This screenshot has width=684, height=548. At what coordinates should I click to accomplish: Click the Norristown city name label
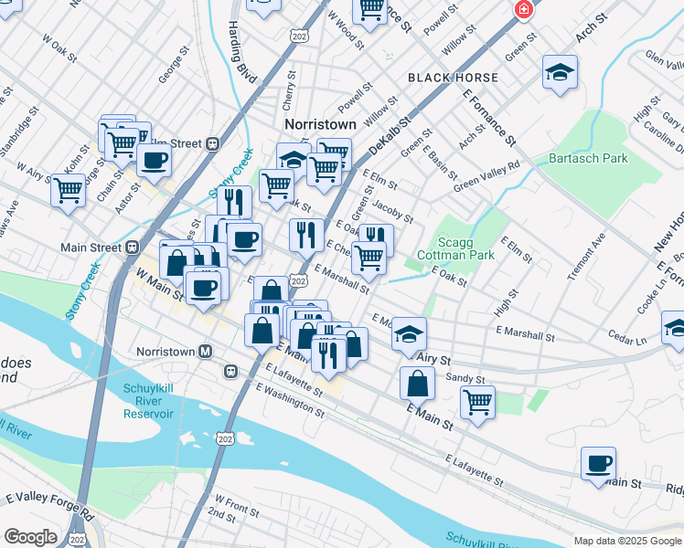coord(320,124)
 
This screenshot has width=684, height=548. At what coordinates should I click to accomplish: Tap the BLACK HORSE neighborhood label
coord(453,78)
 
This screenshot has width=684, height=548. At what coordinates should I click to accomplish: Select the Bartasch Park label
coord(588,158)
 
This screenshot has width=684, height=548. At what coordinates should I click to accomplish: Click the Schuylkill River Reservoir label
coord(148,402)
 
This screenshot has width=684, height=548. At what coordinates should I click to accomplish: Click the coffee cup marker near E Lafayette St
coord(598,463)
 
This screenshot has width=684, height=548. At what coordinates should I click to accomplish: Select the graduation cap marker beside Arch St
coord(560,72)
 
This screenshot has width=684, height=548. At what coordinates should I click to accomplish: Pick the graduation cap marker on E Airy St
coord(409,334)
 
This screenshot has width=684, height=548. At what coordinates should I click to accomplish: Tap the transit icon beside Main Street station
coord(133,247)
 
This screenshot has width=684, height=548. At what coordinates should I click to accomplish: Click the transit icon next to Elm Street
coord(212,143)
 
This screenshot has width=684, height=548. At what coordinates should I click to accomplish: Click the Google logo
coord(30,537)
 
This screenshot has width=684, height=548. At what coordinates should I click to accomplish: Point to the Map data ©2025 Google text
coord(627,541)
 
